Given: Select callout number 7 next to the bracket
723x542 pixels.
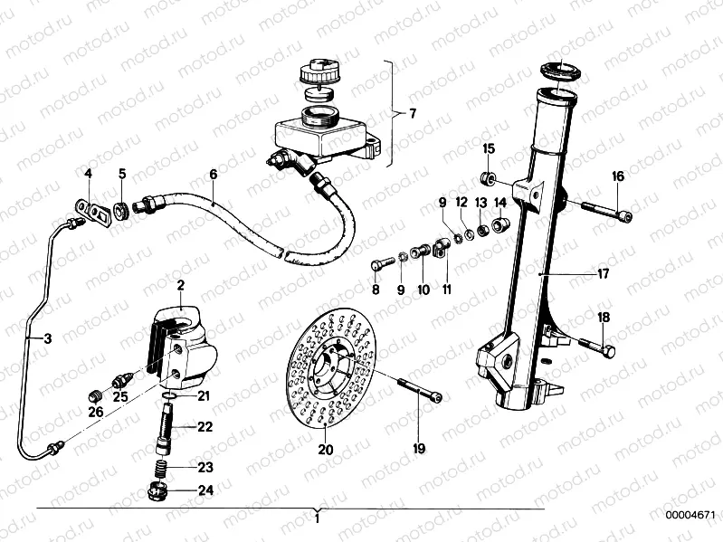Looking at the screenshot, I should point(412,114).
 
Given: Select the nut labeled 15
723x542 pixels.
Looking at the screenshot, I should point(489,176).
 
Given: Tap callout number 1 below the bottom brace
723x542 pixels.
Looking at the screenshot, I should point(317,520).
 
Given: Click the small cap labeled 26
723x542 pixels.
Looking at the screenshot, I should point(93,395).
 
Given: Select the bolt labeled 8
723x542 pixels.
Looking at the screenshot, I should point(382,264).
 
